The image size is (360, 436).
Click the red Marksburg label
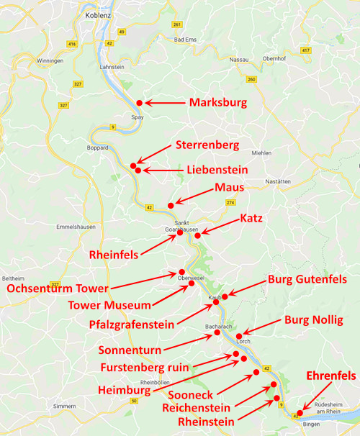[217, 103]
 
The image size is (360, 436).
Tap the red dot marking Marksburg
[139, 103]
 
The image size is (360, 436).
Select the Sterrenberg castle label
[207, 146]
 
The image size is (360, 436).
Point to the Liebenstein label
[217, 171]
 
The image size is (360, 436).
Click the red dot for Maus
[171, 206]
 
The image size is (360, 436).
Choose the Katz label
[251, 217]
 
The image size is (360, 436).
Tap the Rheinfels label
[114, 255]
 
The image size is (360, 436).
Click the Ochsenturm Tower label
[58, 289]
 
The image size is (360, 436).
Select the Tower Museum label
[109, 306]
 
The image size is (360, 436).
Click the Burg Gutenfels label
[307, 279]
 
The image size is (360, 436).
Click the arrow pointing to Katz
[220, 225]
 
